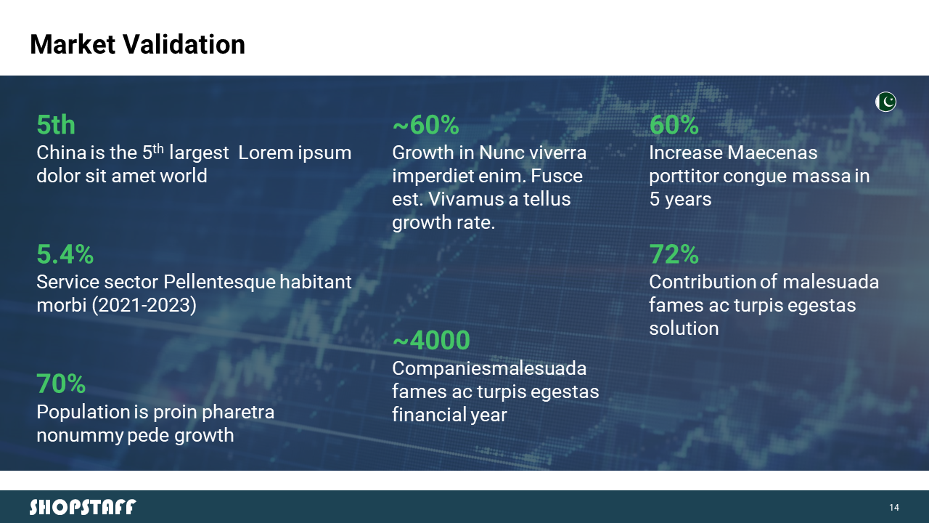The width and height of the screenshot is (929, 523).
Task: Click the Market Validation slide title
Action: (x=137, y=44)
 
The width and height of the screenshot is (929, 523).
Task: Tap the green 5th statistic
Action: (x=56, y=124)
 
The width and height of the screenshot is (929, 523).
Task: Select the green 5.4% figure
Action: (x=65, y=254)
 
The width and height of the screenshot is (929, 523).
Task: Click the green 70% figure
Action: (x=61, y=384)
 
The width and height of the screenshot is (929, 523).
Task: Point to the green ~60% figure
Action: (x=425, y=124)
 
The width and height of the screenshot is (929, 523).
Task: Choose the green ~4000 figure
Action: (x=431, y=341)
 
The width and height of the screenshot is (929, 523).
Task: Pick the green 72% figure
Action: (x=674, y=254)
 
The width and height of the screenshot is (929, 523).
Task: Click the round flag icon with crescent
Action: (x=886, y=102)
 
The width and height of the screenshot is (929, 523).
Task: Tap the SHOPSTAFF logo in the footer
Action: (x=83, y=507)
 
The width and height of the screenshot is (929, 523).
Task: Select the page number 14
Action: (x=894, y=508)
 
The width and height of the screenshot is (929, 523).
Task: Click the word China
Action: (x=62, y=153)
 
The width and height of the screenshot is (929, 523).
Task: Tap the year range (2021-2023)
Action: (x=144, y=306)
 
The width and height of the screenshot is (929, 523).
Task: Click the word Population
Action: (x=83, y=413)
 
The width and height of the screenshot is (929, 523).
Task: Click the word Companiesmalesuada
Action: (x=489, y=368)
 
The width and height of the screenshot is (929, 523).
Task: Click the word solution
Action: (x=684, y=329)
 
